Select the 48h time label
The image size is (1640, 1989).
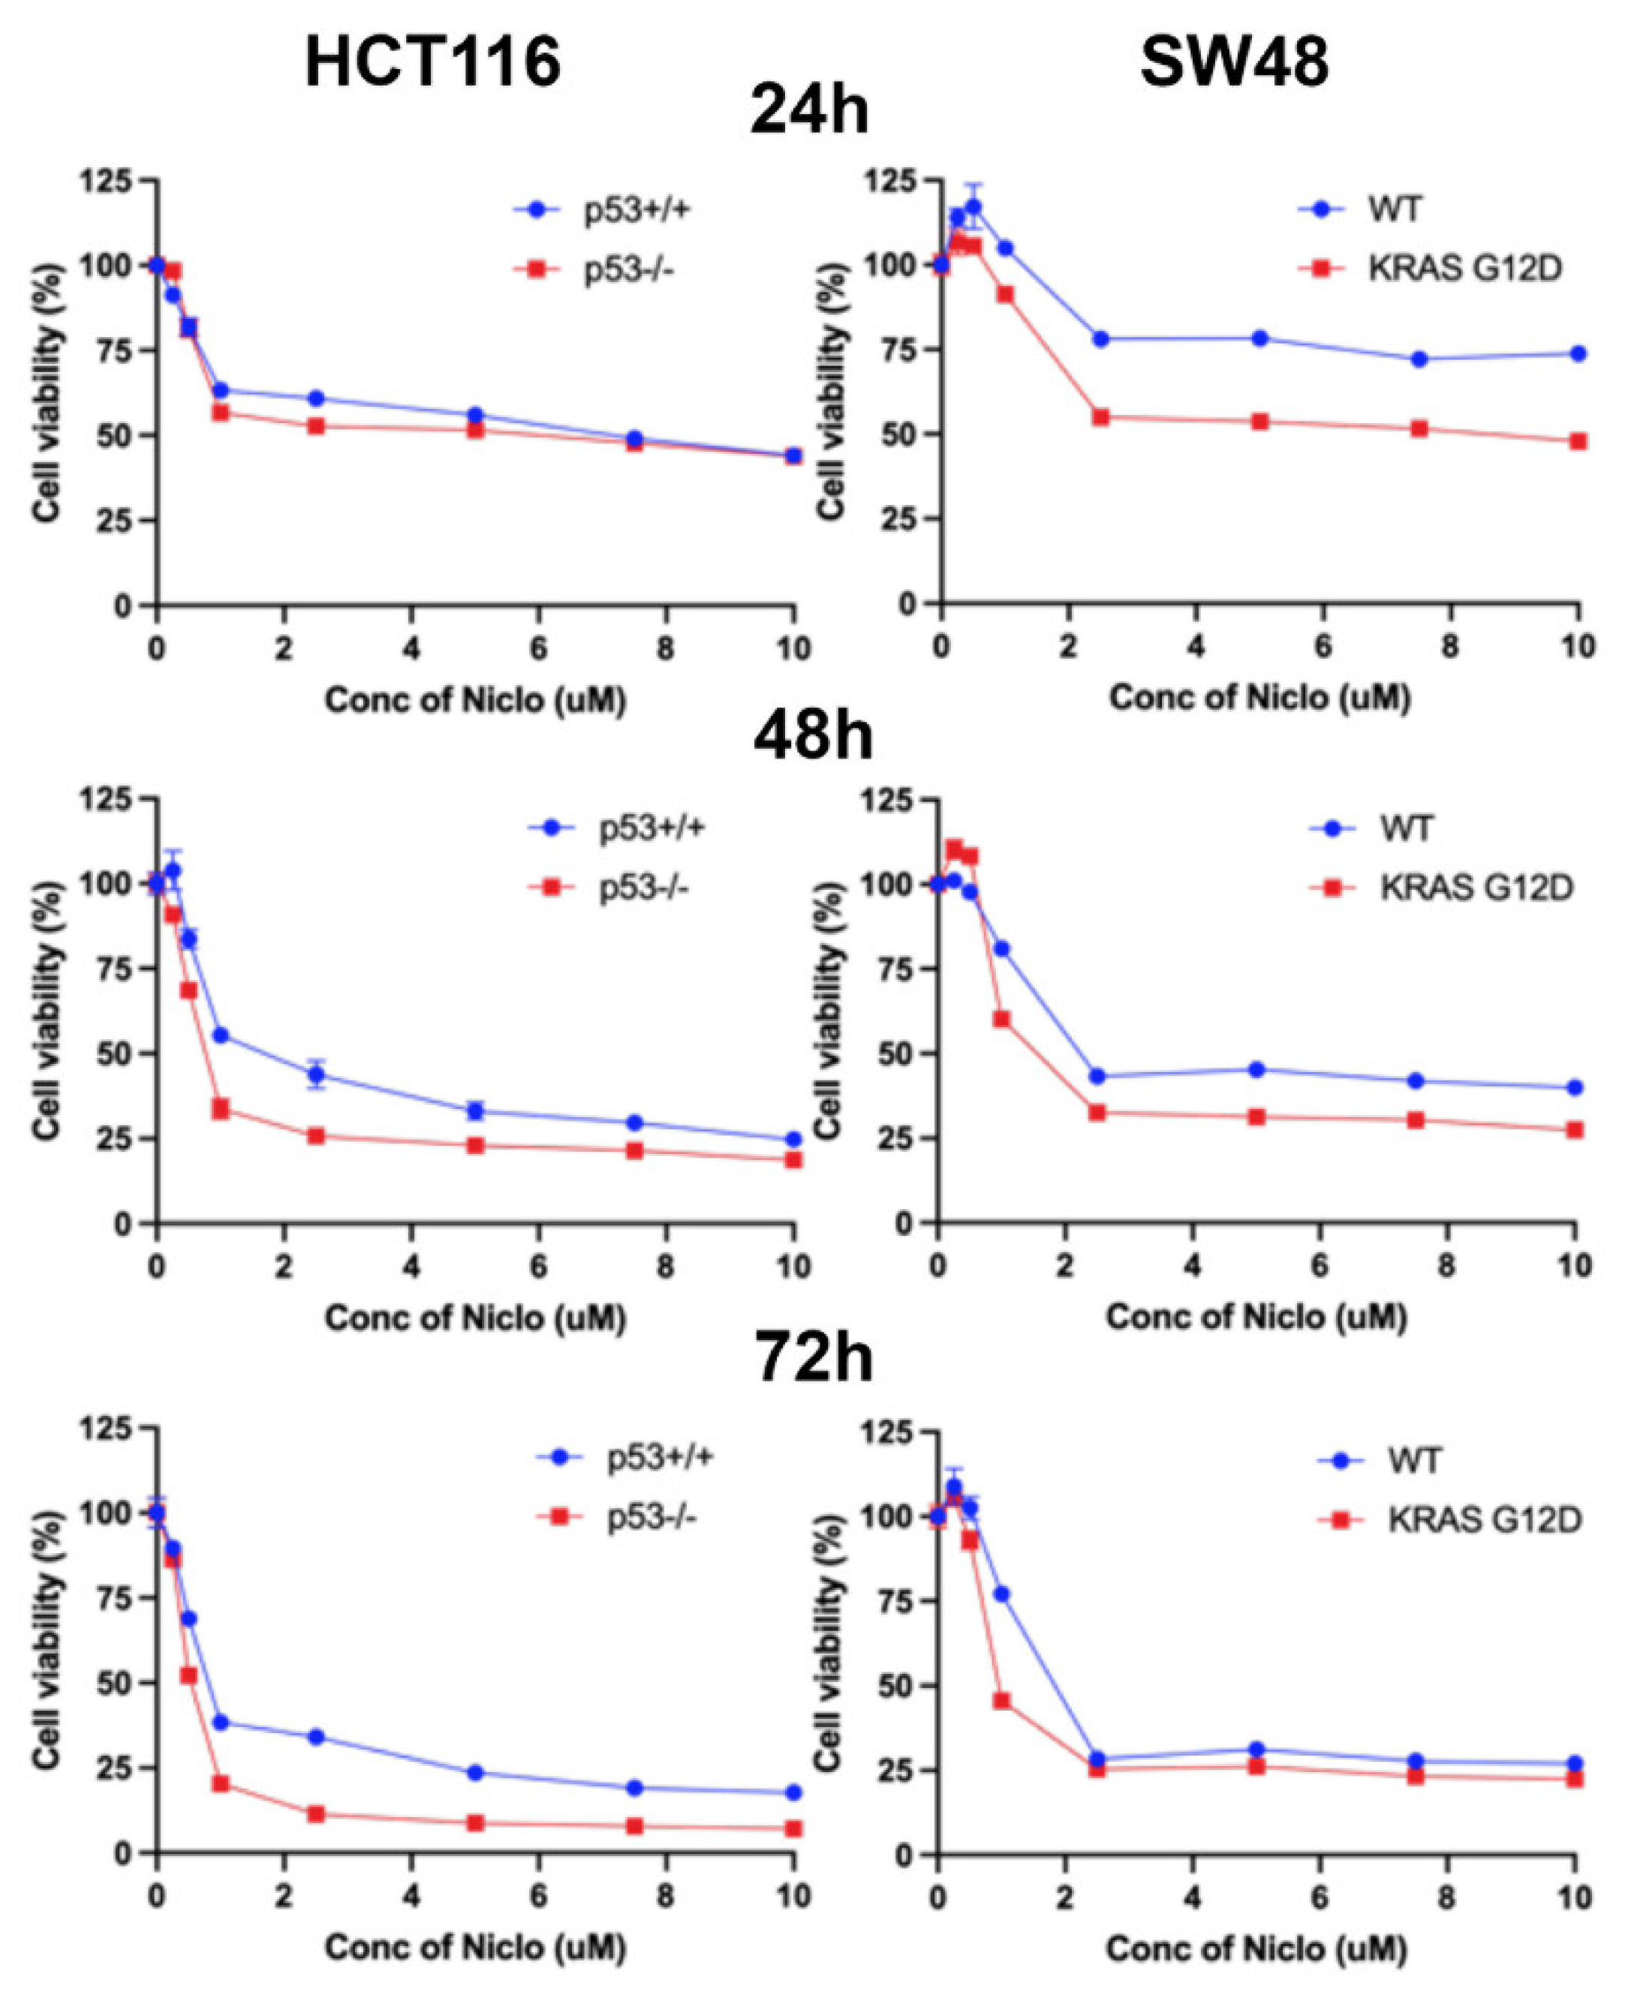812,736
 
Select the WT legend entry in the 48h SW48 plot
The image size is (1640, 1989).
1407,829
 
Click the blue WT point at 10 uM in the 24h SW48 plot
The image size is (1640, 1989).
1578,353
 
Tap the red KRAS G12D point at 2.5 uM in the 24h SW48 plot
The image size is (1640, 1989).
1100,416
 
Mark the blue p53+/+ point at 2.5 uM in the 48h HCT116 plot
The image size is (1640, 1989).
317,1074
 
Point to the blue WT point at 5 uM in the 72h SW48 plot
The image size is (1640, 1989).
1256,1722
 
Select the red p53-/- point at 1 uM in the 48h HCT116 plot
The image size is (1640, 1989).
221,1108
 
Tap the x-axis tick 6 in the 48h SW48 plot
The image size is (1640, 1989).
1320,1265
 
